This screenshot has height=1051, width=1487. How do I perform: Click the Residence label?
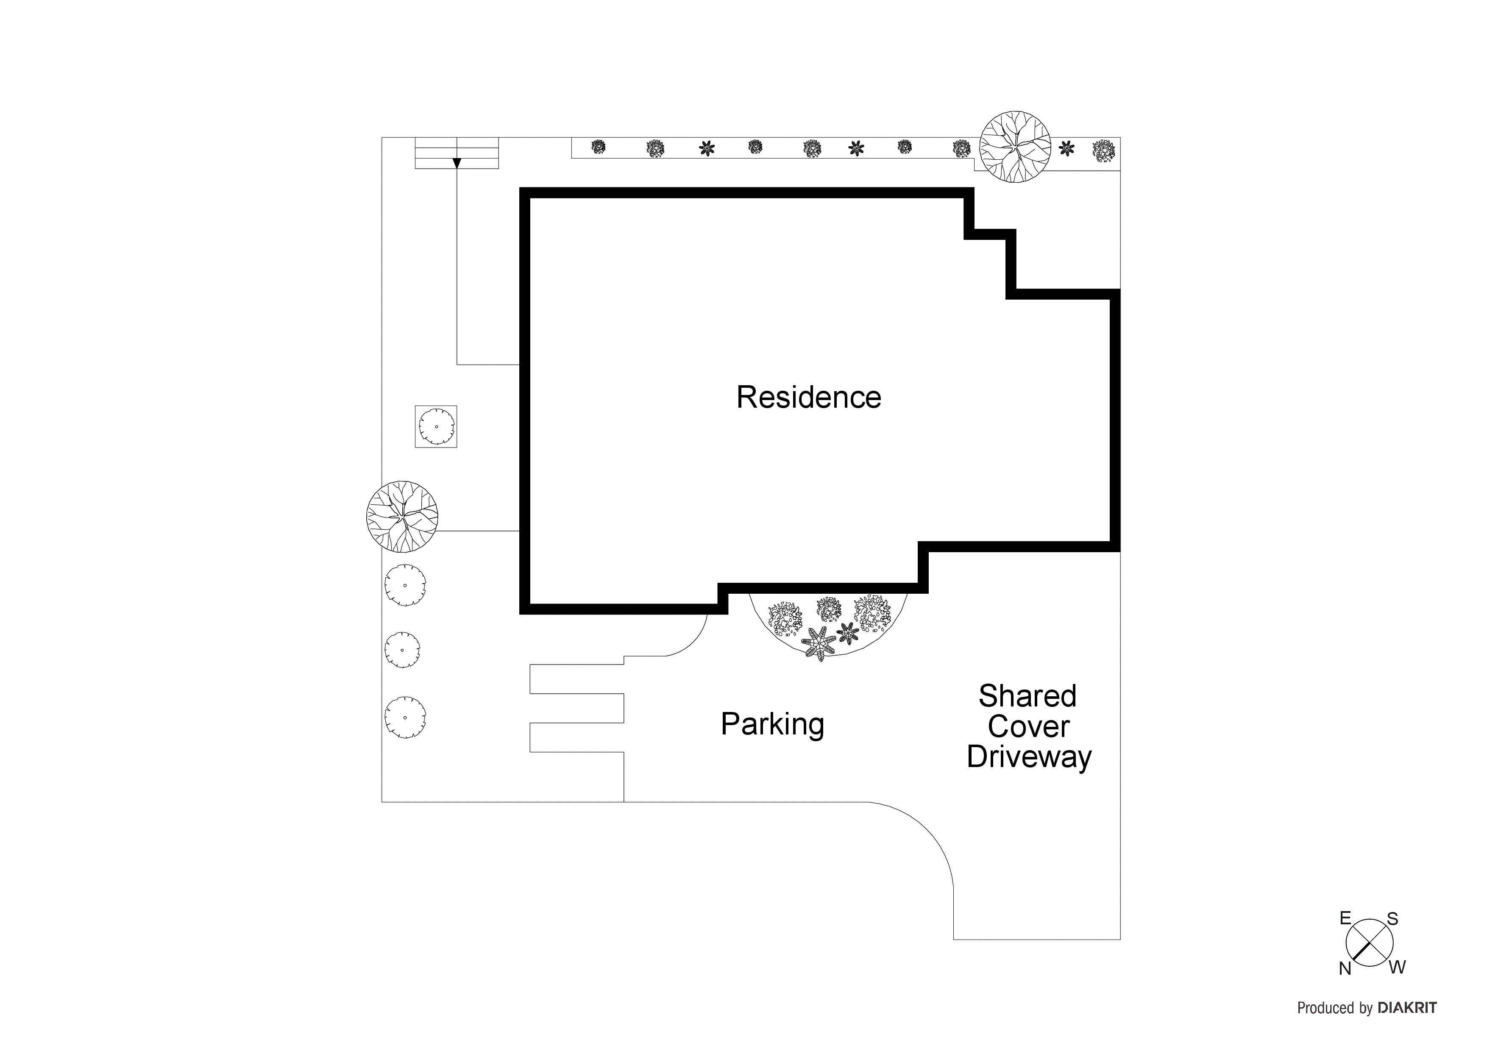[808, 398]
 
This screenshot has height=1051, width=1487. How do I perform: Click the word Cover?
[1028, 726]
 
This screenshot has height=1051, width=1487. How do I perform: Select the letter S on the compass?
[1392, 919]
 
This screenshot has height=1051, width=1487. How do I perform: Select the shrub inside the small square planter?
[436, 427]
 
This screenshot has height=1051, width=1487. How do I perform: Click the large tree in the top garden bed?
[1014, 146]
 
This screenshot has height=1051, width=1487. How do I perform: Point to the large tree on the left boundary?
[402, 517]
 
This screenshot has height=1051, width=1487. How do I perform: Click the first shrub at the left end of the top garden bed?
[599, 147]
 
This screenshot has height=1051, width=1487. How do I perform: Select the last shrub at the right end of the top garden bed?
[1103, 151]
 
